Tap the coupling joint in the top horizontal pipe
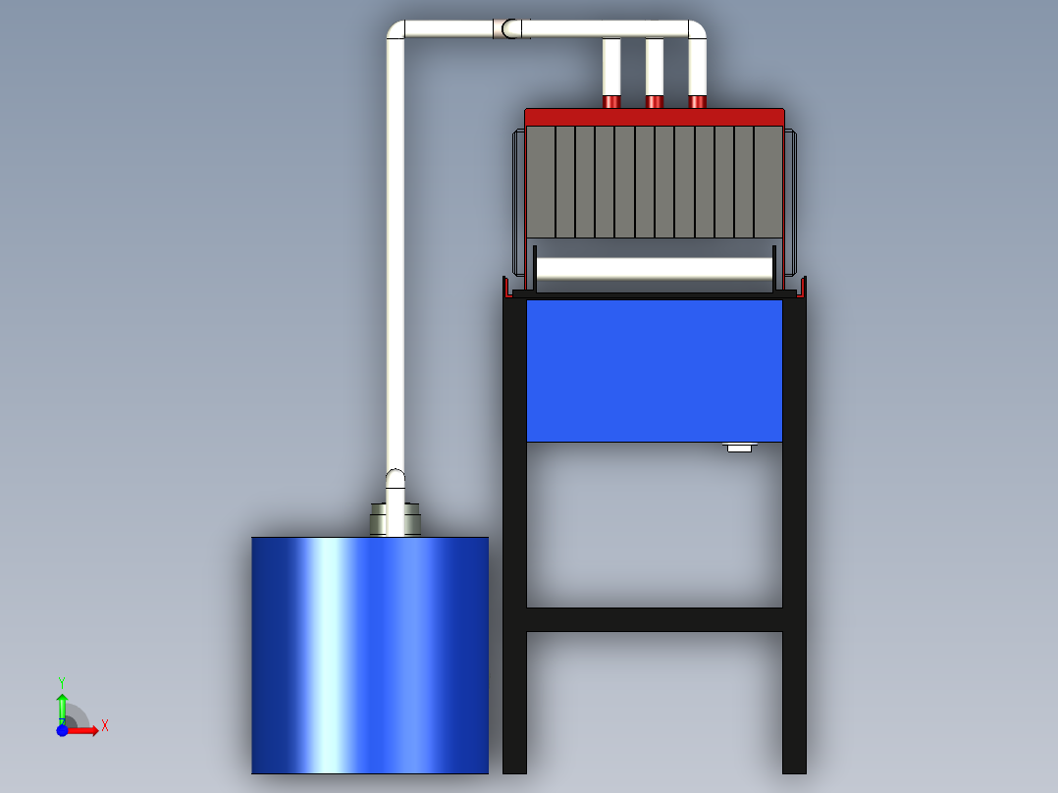click(x=511, y=29)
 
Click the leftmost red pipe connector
click(x=610, y=101)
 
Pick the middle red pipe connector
click(x=654, y=101)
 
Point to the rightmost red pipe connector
click(x=697, y=101)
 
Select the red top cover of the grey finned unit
click(x=654, y=117)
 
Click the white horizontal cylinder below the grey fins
click(x=654, y=270)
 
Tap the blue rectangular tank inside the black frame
click(x=654, y=370)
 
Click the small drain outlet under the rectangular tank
click(x=739, y=448)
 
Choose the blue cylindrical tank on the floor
click(x=369, y=655)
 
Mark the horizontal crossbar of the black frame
click(x=654, y=619)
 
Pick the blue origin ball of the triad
click(x=62, y=730)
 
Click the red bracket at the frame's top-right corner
click(x=802, y=287)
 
